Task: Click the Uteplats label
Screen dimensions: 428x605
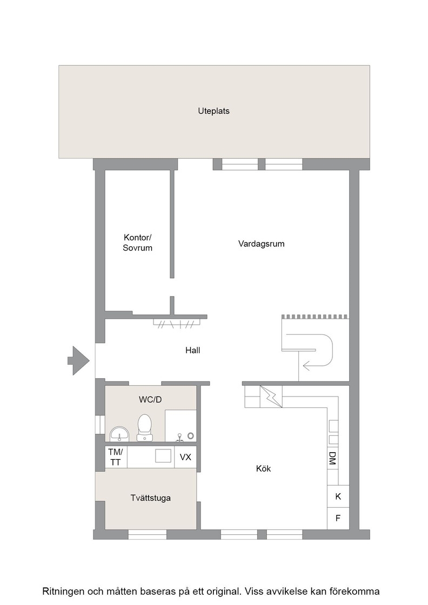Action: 213,111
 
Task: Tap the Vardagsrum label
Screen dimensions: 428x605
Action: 261,244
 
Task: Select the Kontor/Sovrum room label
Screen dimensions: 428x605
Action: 137,243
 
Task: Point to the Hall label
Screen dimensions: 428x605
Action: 192,351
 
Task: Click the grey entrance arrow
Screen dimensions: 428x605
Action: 79,361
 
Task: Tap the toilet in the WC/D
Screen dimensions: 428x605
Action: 145,428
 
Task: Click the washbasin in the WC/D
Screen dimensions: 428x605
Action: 119,434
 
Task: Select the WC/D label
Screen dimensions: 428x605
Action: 150,400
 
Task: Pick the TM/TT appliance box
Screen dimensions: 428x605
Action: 116,457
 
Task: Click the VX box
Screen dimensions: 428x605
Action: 185,457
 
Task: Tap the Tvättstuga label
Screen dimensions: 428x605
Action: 151,498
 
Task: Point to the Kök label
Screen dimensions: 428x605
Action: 263,469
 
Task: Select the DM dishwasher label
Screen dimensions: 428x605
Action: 332,458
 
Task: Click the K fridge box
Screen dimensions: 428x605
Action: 338,496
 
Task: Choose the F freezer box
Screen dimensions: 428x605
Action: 338,518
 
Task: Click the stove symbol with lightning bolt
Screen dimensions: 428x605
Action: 271,396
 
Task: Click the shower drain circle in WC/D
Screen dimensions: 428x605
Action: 191,435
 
